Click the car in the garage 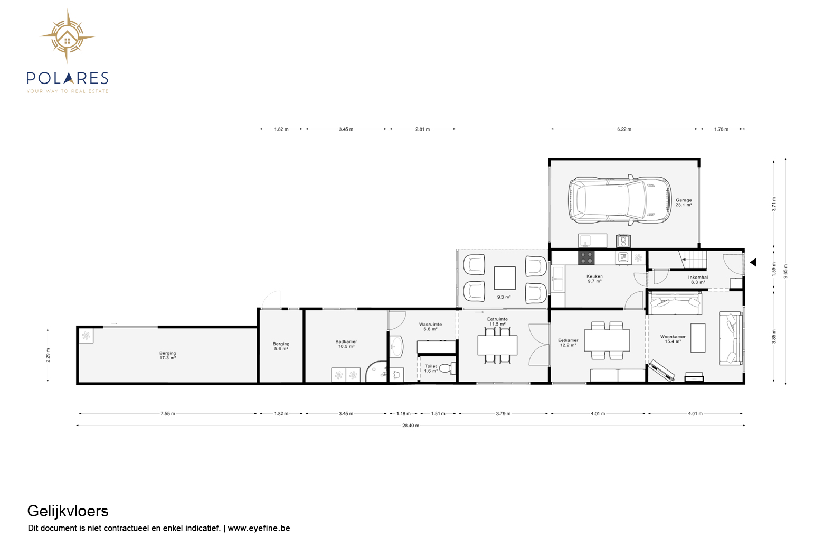click(620, 200)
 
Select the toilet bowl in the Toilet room click(447, 369)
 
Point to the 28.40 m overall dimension click(411, 425)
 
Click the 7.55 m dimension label click(168, 413)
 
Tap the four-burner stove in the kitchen click(586, 257)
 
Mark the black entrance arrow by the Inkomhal click(753, 262)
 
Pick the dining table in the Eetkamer click(607, 340)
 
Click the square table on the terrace click(505, 278)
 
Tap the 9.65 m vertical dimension click(785, 271)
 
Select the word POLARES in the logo click(68, 78)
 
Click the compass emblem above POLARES click(67, 36)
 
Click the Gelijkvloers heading click(68, 511)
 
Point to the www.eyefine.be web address click(259, 528)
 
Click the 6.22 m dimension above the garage click(624, 129)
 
